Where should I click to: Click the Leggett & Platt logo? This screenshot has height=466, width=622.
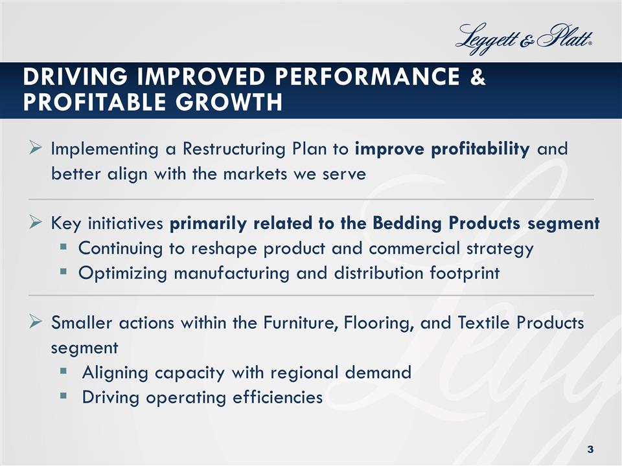[525, 38]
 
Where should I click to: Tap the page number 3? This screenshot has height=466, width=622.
[590, 449]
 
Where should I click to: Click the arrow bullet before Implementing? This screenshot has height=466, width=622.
[36, 150]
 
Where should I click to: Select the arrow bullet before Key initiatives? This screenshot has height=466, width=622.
[36, 224]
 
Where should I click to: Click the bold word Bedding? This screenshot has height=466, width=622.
[403, 224]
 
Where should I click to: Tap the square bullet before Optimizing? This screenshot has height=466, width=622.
[66, 273]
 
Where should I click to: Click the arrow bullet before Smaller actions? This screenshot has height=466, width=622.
[36, 322]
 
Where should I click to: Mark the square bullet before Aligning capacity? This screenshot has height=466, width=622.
[66, 373]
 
